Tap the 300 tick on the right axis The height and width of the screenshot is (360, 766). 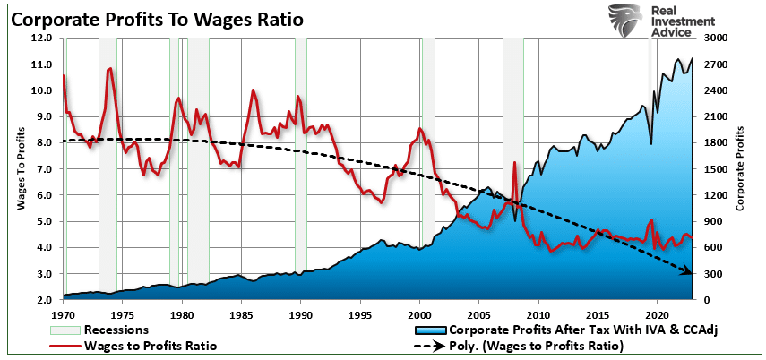[720, 273]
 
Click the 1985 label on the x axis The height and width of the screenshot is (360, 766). [241, 315]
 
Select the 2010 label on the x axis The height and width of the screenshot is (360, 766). [538, 315]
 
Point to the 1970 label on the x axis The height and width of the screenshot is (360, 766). [63, 315]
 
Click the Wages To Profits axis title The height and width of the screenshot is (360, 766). [21, 169]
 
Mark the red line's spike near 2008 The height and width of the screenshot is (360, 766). [514, 163]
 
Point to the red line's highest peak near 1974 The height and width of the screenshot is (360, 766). [110, 68]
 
